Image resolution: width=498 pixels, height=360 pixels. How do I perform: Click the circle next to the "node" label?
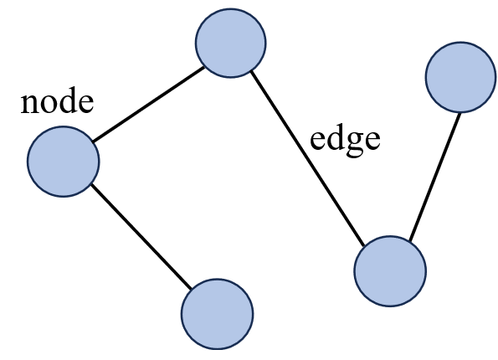63,161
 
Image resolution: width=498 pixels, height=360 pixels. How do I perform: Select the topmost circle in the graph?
230,42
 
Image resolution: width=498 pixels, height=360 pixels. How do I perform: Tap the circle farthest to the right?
460,77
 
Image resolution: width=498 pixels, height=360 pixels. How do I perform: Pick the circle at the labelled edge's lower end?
390,271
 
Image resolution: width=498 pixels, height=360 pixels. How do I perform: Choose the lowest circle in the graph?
217,314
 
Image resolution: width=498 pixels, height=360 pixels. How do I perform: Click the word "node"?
56,103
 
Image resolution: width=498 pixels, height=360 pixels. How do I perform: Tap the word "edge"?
345,139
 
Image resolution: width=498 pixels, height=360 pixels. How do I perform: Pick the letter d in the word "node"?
66,102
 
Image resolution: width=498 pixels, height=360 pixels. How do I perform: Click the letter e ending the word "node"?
84,105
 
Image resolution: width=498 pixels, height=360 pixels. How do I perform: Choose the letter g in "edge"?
355,142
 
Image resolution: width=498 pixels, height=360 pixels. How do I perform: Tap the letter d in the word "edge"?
336,137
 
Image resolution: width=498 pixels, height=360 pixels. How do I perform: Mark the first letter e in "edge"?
318,140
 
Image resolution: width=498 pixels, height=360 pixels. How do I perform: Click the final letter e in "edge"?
372,140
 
